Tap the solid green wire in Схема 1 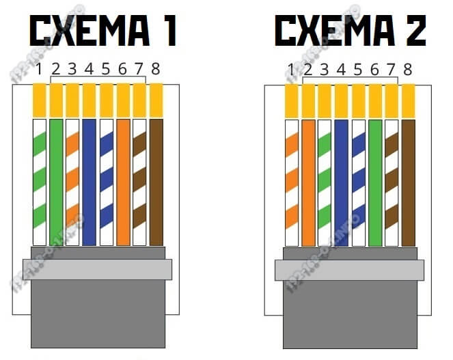tap(55, 182)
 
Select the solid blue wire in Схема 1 tap(89, 182)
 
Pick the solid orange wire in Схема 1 tap(123, 182)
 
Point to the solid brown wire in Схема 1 tap(156, 182)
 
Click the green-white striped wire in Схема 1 tap(39, 182)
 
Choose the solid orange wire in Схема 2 tap(308, 182)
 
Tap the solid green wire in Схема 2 tap(375, 182)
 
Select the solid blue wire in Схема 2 tap(342, 182)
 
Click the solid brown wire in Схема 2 tap(408, 182)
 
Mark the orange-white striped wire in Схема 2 tap(292, 182)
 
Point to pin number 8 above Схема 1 tap(156, 68)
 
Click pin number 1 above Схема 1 tap(40, 68)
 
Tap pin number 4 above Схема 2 tap(342, 69)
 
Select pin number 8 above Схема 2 tap(408, 69)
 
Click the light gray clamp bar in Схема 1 tap(97, 269)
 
